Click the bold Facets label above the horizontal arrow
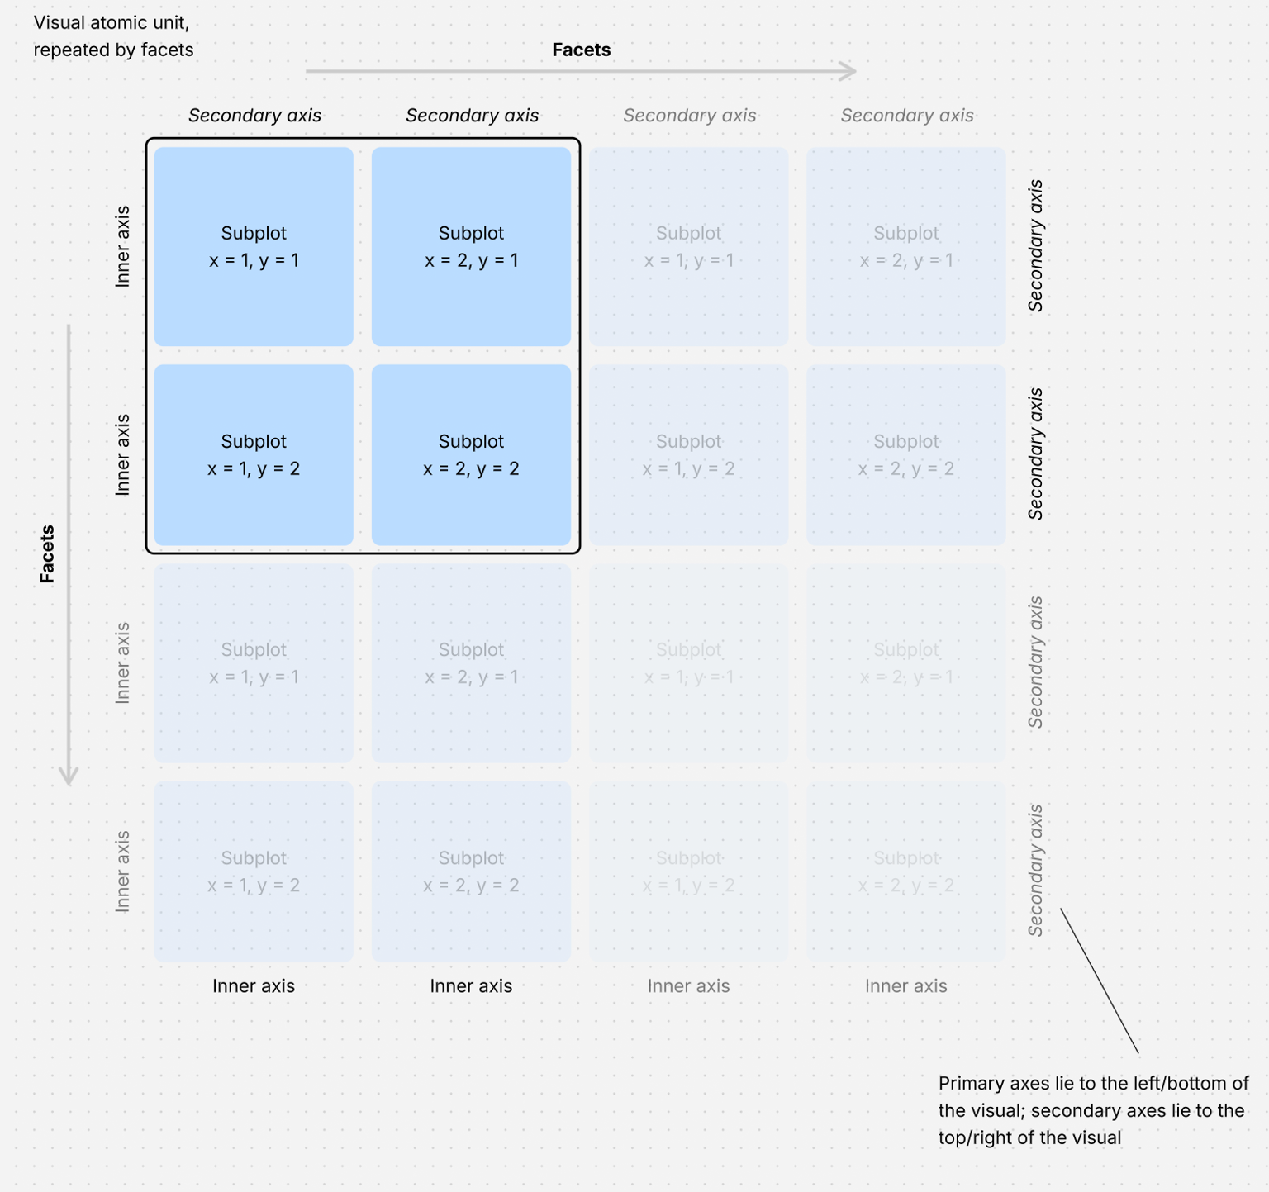pos(581,50)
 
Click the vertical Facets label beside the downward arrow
pos(47,554)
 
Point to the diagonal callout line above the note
pos(1099,981)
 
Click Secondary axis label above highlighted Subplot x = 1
pos(254,116)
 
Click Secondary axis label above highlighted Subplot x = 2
pos(472,116)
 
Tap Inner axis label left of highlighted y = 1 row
pos(122,246)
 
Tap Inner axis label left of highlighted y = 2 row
pos(122,454)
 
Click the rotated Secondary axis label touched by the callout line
pos(1035,871)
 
